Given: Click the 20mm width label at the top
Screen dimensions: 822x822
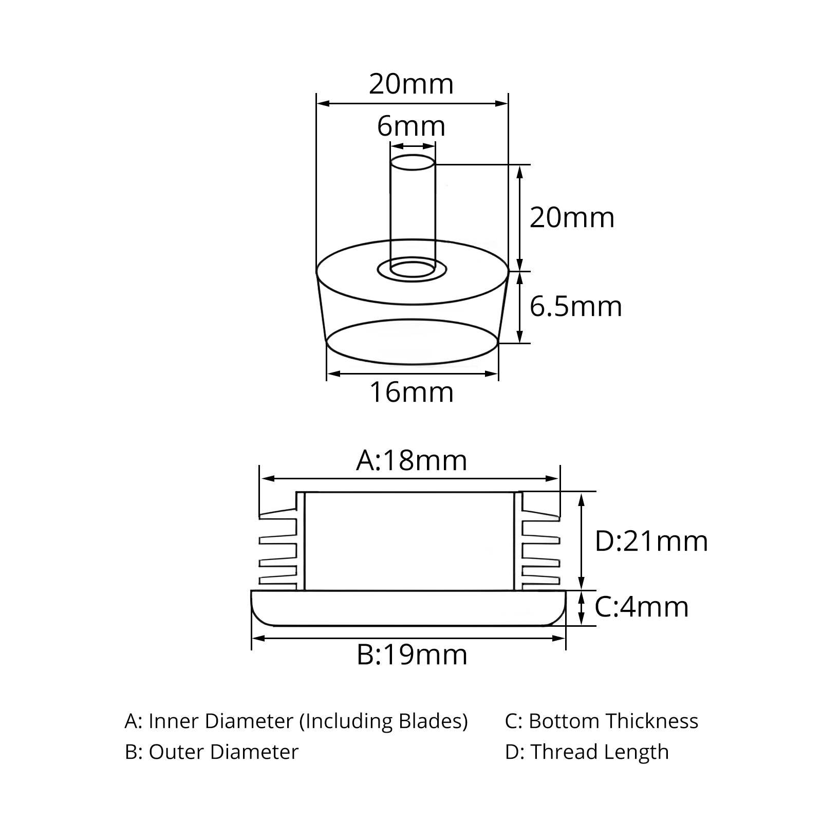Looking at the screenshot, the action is click(411, 84).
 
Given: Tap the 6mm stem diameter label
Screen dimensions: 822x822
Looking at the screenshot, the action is click(411, 126).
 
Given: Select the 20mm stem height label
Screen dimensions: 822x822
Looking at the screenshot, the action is click(572, 218).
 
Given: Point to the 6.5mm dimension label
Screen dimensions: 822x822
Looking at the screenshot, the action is click(575, 307).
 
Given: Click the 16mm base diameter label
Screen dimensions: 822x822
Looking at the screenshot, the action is click(412, 393).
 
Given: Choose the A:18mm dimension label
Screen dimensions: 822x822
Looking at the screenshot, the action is click(412, 460).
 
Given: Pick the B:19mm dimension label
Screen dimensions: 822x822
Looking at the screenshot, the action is click(412, 655).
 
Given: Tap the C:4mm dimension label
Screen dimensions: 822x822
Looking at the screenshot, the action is click(642, 607).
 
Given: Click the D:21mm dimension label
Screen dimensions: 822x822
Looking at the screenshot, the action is click(651, 541).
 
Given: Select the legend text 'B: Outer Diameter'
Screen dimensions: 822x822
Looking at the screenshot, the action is click(212, 752).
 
